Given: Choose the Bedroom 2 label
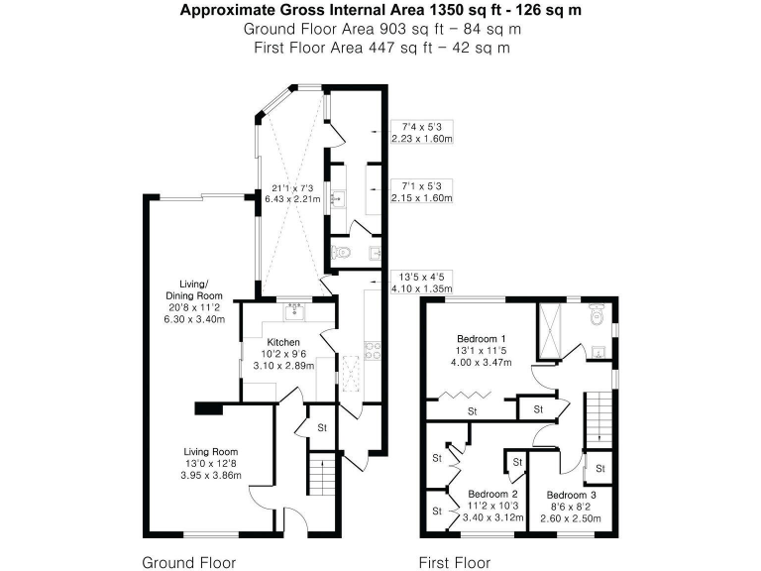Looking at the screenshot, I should [x=492, y=494].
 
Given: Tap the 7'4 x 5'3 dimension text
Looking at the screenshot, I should [x=421, y=127].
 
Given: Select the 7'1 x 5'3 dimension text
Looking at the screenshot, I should [x=421, y=185].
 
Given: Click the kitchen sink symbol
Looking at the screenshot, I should [x=293, y=313].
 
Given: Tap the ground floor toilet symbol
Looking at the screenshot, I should [x=342, y=253].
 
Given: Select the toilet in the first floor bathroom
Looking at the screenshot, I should [x=597, y=315].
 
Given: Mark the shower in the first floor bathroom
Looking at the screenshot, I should [x=549, y=329].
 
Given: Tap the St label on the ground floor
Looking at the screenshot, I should [x=322, y=427].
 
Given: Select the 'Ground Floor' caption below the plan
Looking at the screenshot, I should [x=189, y=562].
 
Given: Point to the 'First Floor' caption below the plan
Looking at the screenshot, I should [x=454, y=562].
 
